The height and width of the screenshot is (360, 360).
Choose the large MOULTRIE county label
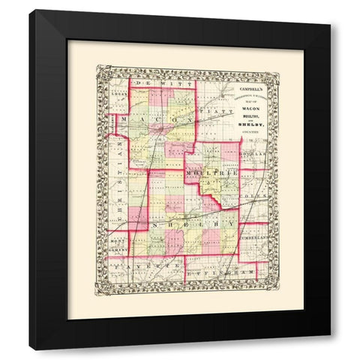212,174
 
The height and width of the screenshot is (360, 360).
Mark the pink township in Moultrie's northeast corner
229,152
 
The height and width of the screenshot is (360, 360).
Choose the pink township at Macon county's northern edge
160,97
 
